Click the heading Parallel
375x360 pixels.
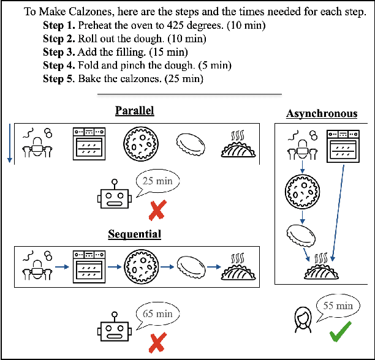tap(134, 111)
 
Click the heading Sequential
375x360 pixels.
tap(134, 234)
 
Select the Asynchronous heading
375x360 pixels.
tap(321, 114)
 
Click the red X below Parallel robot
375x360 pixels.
tap(157, 212)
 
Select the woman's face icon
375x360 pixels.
tap(301, 320)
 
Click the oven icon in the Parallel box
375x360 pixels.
tap(90, 144)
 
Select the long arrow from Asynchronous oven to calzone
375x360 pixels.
tap(336, 208)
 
